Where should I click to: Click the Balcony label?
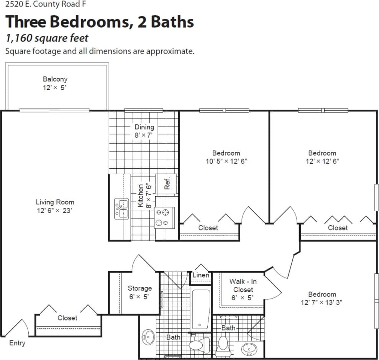(55, 79)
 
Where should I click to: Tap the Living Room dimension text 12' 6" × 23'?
(54, 210)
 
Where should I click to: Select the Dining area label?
(144, 127)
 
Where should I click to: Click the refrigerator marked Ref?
(167, 183)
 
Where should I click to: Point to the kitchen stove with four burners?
(164, 217)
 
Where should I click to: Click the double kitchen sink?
(121, 209)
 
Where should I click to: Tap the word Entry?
(17, 343)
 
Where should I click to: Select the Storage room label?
(139, 288)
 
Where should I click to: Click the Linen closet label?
(201, 275)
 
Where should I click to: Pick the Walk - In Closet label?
(243, 286)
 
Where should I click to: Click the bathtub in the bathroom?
(201, 309)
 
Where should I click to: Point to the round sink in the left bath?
(148, 337)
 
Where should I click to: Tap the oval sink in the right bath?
(249, 348)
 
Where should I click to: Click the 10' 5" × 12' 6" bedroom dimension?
(226, 161)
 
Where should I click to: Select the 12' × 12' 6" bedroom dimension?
(322, 161)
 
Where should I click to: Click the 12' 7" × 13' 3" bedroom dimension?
(322, 302)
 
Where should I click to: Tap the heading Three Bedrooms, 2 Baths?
(99, 22)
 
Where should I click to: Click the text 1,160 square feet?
(47, 38)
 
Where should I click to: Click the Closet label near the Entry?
(67, 318)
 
